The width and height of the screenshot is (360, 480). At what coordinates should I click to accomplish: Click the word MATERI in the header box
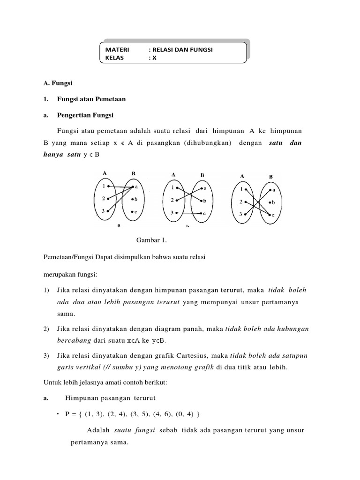point(115,49)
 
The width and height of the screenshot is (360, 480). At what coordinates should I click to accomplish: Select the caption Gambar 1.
point(151,240)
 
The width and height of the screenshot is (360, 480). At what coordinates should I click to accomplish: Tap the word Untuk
point(51,383)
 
